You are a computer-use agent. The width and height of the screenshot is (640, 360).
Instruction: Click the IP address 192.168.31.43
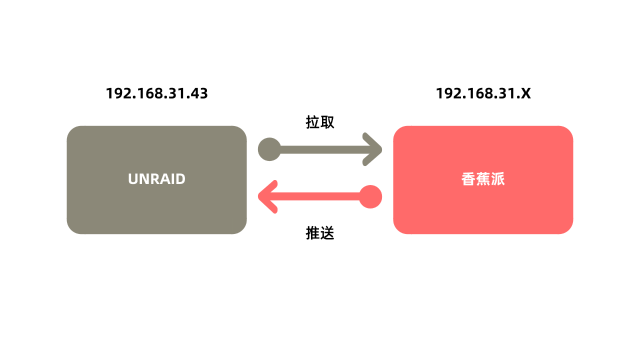pyautogui.click(x=156, y=93)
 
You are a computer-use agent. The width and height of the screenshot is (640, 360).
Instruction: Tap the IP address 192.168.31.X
pyautogui.click(x=483, y=93)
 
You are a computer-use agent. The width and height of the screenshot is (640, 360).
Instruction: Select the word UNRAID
pyautogui.click(x=156, y=179)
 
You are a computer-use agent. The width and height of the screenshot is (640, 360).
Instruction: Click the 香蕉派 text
pyautogui.click(x=483, y=179)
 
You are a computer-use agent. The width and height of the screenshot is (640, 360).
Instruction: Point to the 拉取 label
pyautogui.click(x=320, y=122)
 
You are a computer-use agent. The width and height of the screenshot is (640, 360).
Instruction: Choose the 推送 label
pyautogui.click(x=320, y=233)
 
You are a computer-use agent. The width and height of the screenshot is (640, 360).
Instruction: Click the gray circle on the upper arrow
pyautogui.click(x=269, y=149)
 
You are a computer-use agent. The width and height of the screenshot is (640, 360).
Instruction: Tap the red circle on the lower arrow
pyautogui.click(x=370, y=196)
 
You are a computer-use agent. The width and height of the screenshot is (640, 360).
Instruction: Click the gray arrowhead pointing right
pyautogui.click(x=373, y=149)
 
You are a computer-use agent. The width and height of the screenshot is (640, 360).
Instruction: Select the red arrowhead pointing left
pyautogui.click(x=267, y=196)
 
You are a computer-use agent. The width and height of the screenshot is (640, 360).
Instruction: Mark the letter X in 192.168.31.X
pyautogui.click(x=525, y=93)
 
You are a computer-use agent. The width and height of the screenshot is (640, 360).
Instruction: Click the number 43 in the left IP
pyautogui.click(x=198, y=93)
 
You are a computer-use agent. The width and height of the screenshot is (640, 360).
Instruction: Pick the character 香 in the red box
pyautogui.click(x=468, y=179)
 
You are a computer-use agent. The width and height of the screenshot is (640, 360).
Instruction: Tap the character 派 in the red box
pyautogui.click(x=498, y=179)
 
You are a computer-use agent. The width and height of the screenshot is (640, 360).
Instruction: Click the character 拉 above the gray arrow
pyautogui.click(x=312, y=122)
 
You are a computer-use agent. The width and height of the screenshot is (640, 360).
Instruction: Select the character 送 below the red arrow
pyautogui.click(x=327, y=233)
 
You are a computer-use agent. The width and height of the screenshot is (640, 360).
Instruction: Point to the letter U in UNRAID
pyautogui.click(x=133, y=179)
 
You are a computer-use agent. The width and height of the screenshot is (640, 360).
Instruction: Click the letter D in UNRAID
pyautogui.click(x=180, y=179)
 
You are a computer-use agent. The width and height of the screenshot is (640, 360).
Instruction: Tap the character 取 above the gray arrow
pyautogui.click(x=327, y=122)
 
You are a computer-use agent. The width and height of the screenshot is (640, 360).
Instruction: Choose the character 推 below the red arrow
pyautogui.click(x=312, y=233)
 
